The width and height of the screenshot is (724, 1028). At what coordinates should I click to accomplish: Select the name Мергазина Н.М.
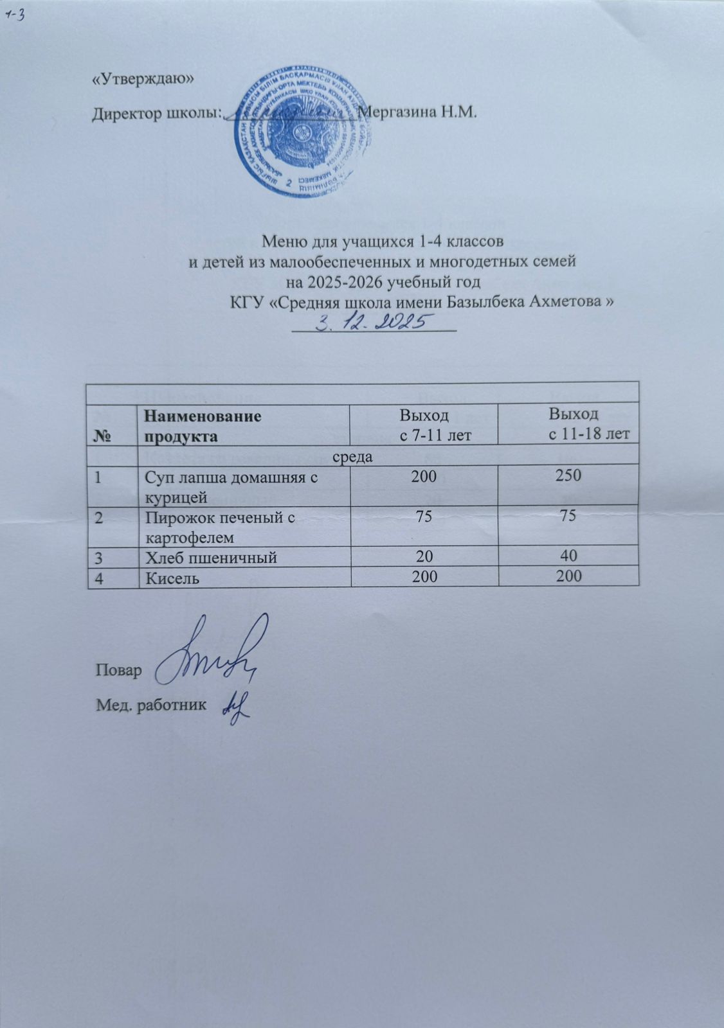(417, 113)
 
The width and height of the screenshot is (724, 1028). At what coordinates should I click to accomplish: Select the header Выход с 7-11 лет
(424, 424)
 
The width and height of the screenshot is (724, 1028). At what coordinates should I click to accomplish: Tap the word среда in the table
(352, 457)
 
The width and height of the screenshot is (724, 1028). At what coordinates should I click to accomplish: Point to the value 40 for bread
(568, 555)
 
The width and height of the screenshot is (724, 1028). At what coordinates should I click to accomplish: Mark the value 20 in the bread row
(424, 556)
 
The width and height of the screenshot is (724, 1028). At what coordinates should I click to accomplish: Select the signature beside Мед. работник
(235, 705)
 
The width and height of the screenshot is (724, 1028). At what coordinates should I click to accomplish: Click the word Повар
(118, 670)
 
